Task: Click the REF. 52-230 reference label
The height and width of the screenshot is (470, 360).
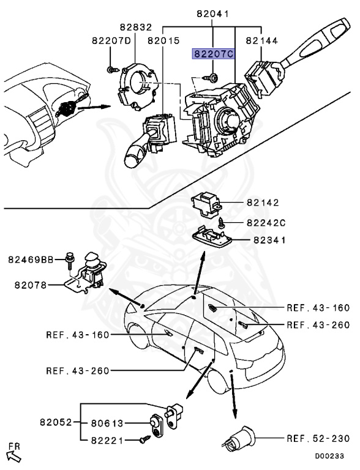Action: (318, 438)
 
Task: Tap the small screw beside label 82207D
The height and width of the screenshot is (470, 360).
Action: (110, 69)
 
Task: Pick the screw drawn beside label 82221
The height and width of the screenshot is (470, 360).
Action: (144, 438)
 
